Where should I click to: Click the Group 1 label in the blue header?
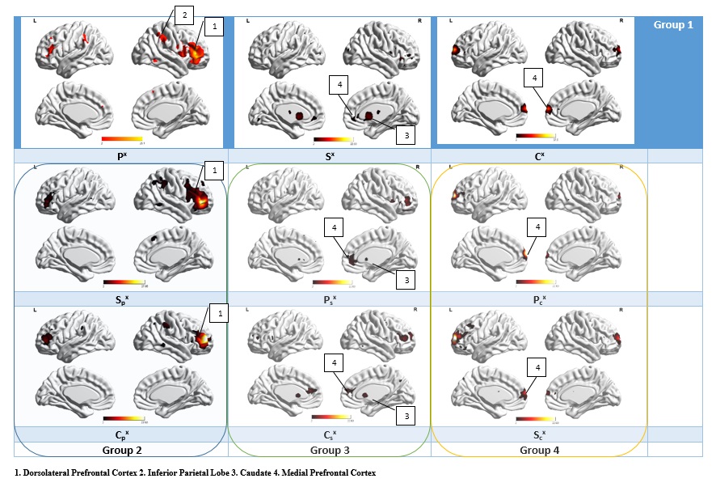(673, 25)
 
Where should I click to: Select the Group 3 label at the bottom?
(331, 450)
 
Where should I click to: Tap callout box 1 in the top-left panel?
(214, 27)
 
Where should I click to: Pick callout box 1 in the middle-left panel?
(213, 171)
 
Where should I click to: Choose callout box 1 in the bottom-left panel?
(213, 311)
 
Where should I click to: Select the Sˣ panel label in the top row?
(330, 155)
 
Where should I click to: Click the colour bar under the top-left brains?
(121, 138)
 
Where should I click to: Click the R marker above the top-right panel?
(622, 19)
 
